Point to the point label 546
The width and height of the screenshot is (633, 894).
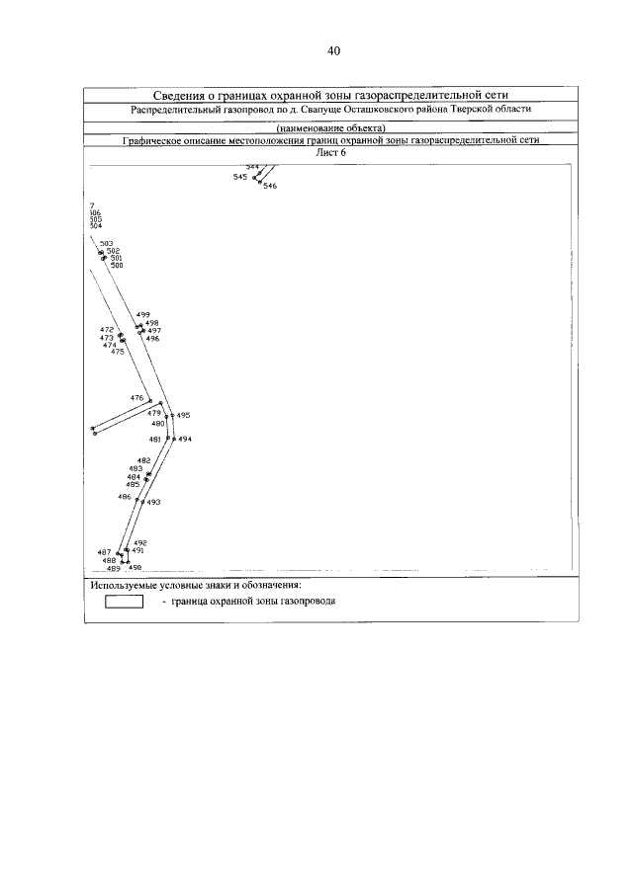270,186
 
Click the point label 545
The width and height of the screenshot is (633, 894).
240,177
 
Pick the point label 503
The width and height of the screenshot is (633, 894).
107,243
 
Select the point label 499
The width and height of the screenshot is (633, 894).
142,314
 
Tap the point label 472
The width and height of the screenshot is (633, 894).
107,329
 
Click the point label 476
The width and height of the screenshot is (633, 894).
136,397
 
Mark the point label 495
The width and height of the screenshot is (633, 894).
183,416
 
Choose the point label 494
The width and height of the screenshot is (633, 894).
185,439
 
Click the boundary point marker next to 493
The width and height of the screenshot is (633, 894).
142,502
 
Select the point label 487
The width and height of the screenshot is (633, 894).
104,551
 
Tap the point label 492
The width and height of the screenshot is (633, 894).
140,542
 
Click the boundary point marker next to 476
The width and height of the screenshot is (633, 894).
150,401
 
